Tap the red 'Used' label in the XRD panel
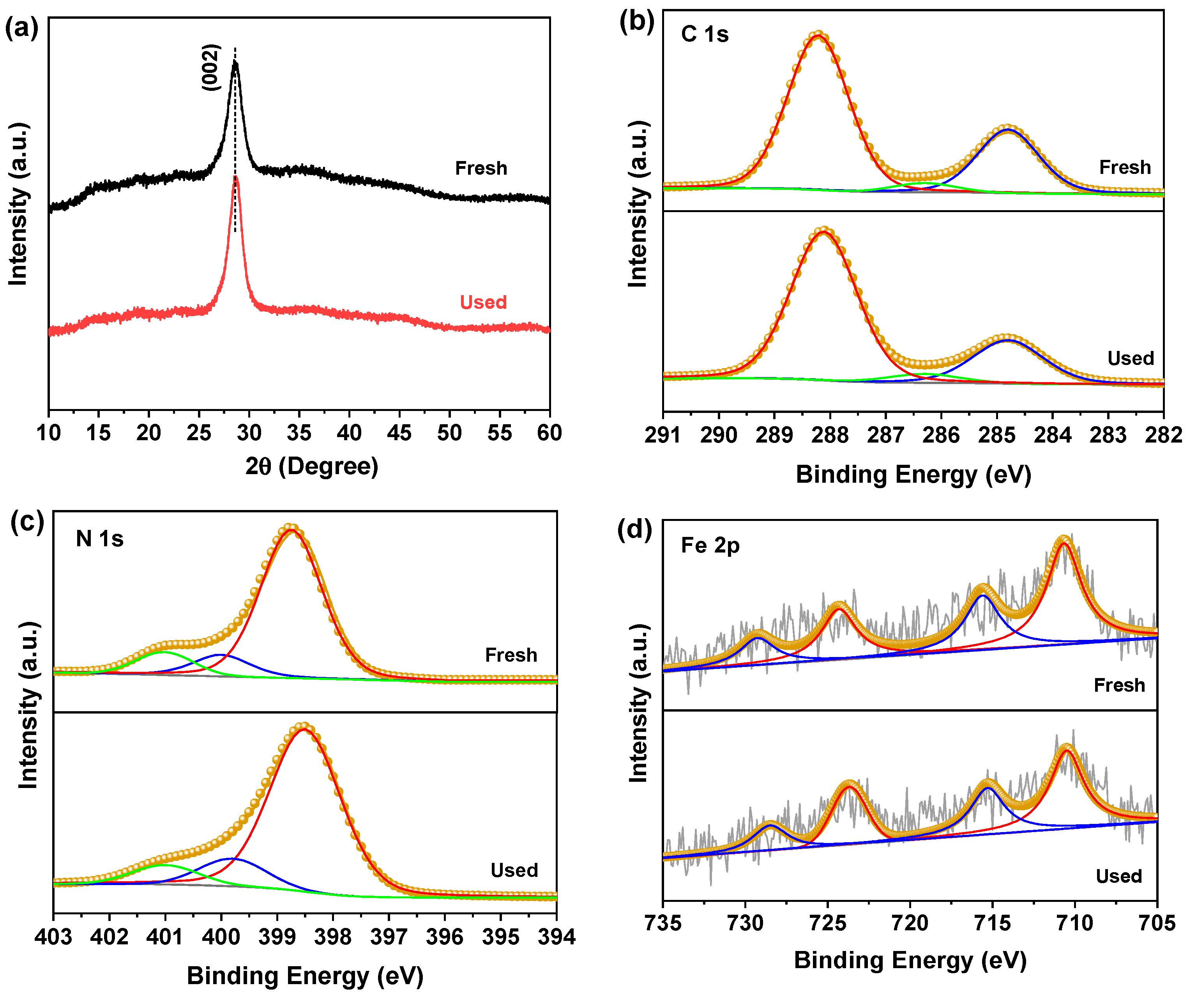pos(483,303)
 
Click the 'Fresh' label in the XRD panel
pos(481,168)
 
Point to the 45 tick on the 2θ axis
pos(399,433)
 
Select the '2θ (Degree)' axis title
pos(311,466)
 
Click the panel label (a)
pos(21,27)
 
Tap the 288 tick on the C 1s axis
pos(830,436)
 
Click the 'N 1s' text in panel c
pos(100,539)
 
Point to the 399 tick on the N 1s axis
pos(277,937)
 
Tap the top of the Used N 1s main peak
pos(304,728)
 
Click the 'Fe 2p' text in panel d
pos(710,545)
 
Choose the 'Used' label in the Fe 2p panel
pos(1119,877)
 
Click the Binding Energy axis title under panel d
pos(910,961)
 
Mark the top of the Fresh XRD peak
pos(235,64)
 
